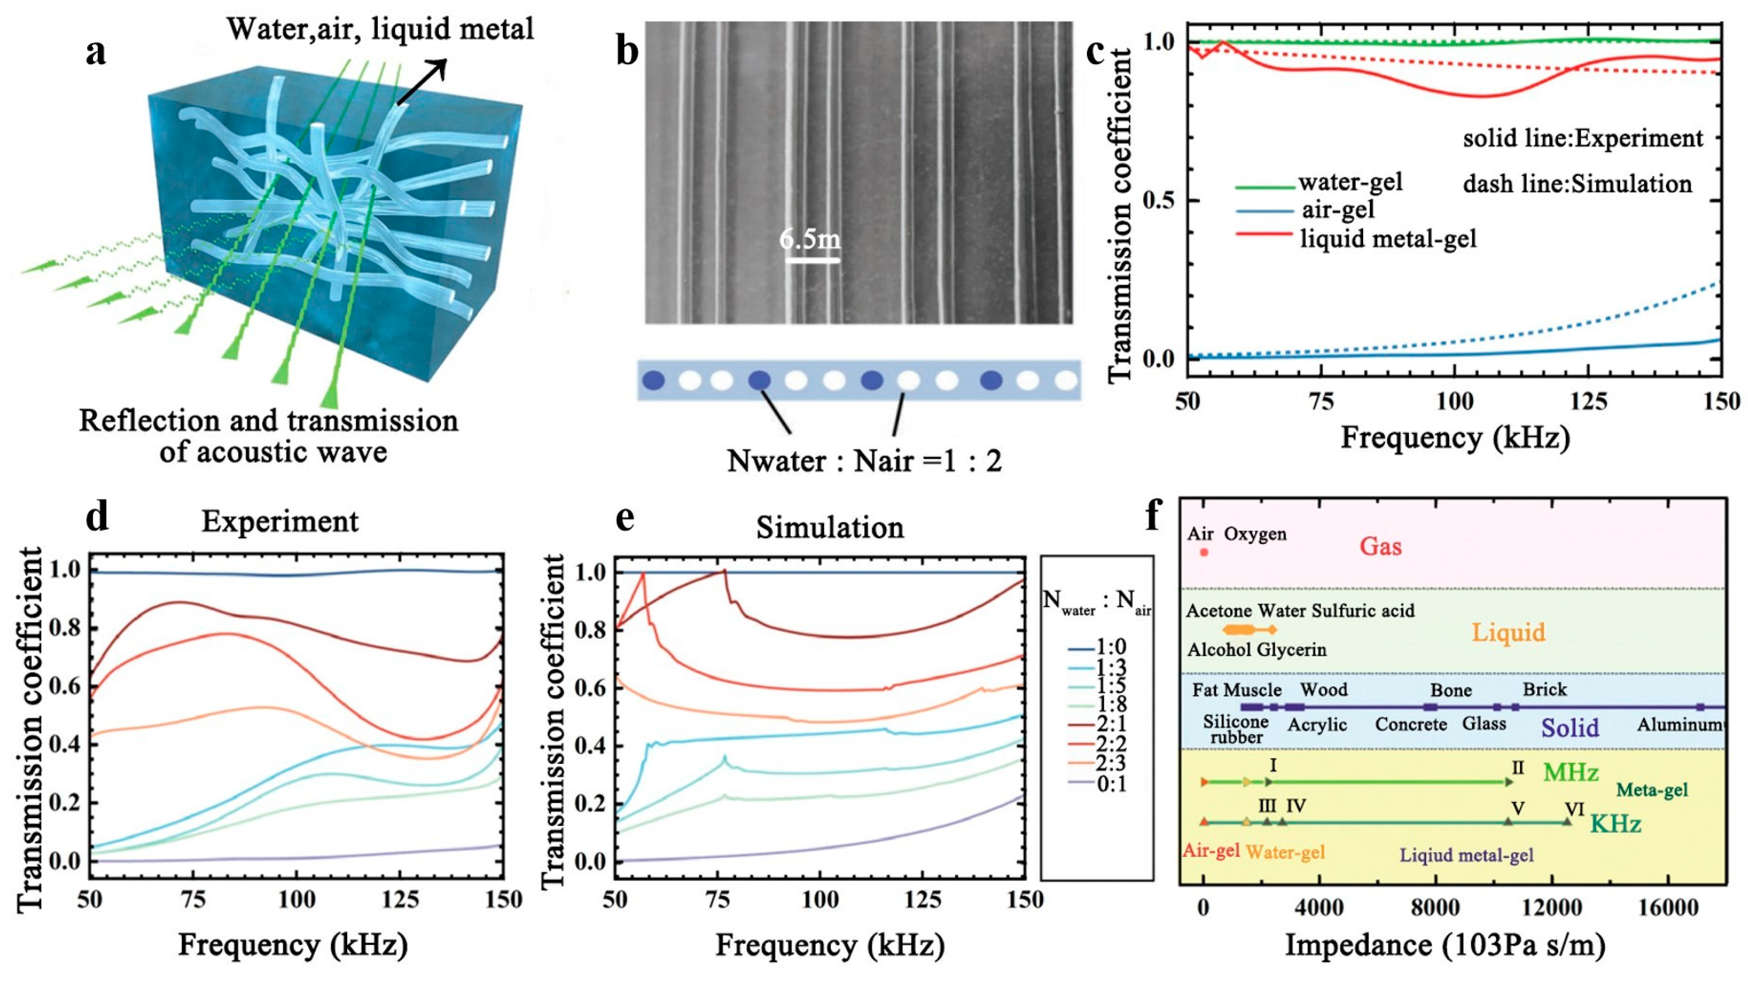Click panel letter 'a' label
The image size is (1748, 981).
[x=96, y=52]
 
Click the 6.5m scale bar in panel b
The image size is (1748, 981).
[x=812, y=258]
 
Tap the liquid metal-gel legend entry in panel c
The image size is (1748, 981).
[x=1387, y=239]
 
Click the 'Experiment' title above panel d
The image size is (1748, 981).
[x=279, y=521]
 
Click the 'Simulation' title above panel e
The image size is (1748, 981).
[x=830, y=527]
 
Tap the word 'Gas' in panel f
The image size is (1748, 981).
[x=1380, y=546]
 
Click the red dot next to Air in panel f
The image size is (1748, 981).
[x=1204, y=552]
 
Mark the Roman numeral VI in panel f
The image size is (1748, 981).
[x=1574, y=809]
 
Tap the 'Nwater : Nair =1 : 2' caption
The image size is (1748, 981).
[x=864, y=461]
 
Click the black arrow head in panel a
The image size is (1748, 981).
[x=440, y=66]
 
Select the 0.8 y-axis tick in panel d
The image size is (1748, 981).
[x=64, y=628]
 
